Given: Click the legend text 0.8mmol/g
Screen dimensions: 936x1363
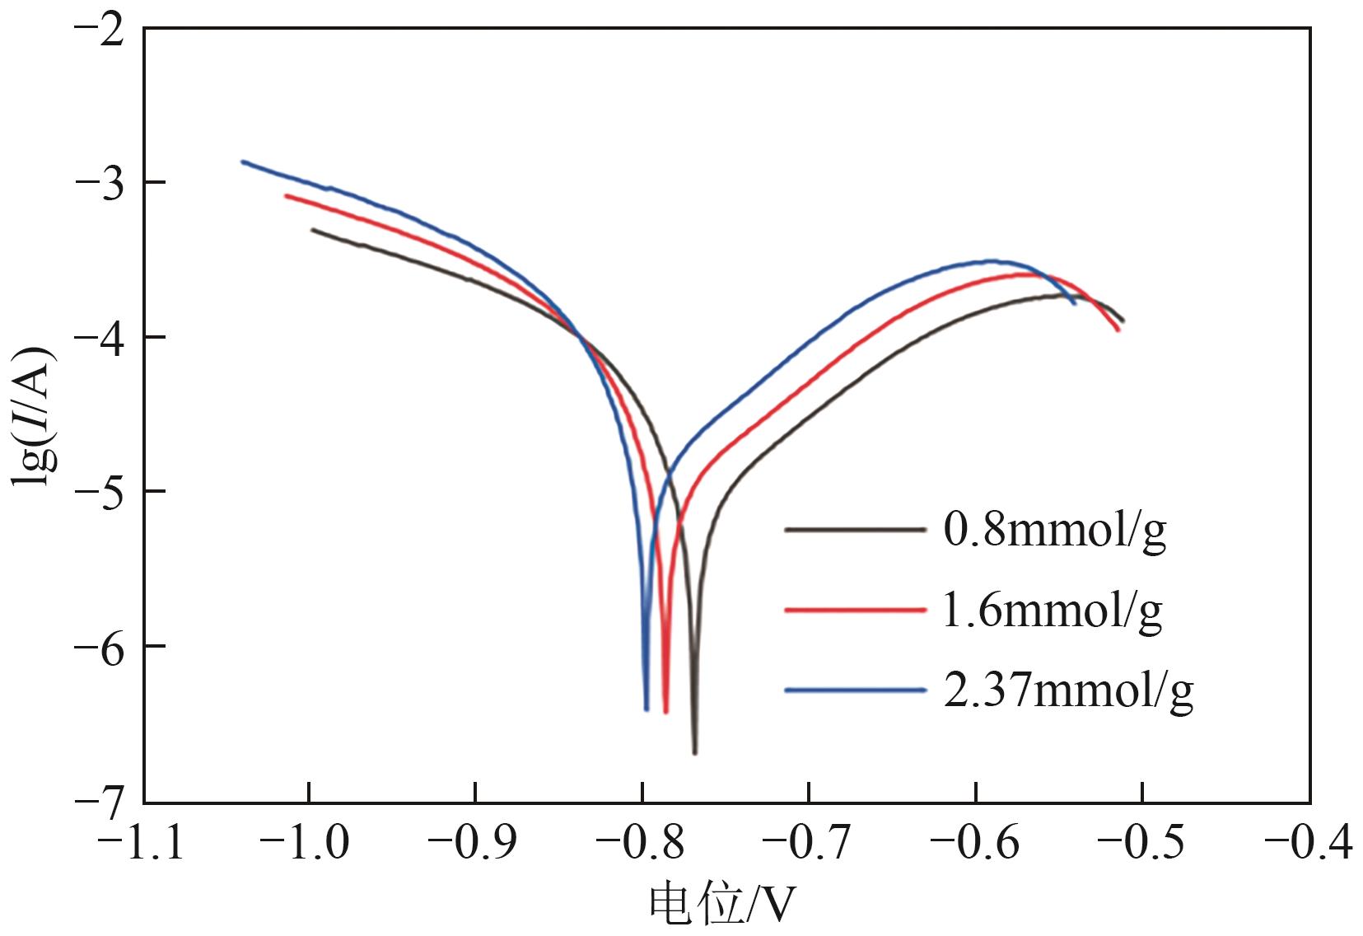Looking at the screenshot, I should (1054, 531).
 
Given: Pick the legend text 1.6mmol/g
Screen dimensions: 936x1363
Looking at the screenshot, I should (1052, 611).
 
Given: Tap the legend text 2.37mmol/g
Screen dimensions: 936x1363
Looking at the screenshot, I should (1067, 690).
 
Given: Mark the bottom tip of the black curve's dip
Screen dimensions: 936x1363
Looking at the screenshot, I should (695, 752).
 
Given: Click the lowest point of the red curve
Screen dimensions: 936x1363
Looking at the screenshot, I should (665, 711).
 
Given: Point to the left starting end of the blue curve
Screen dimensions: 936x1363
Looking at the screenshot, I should (243, 161).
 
